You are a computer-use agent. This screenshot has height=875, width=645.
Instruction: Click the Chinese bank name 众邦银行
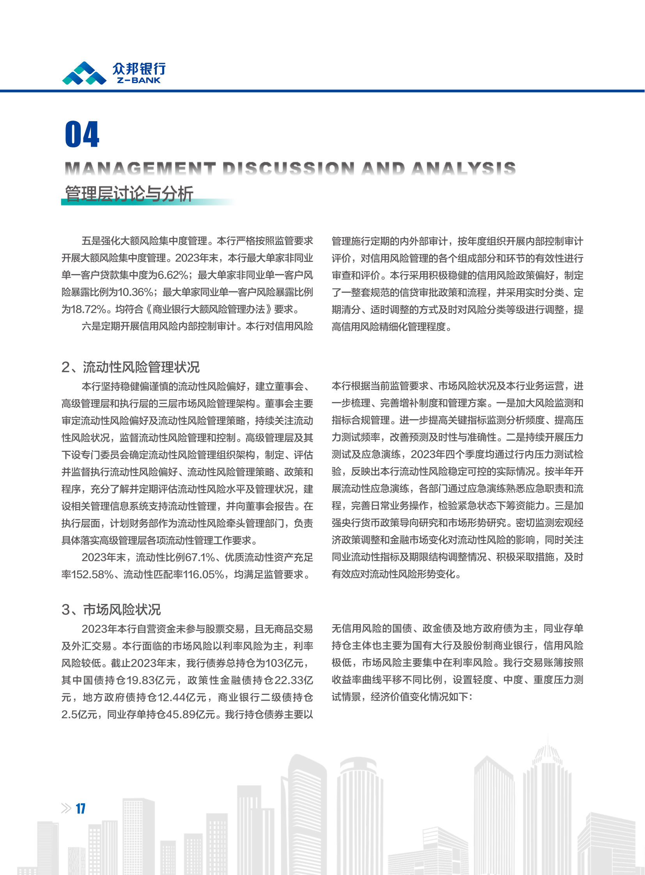(x=139, y=69)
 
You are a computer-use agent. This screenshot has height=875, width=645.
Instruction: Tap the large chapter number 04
(x=82, y=134)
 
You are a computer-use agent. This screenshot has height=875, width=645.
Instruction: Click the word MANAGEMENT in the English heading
(x=140, y=169)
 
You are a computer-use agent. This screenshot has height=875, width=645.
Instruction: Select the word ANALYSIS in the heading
(x=463, y=169)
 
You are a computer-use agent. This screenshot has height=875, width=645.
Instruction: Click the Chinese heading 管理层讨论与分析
(x=129, y=194)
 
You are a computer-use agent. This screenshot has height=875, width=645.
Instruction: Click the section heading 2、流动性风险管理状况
(x=130, y=367)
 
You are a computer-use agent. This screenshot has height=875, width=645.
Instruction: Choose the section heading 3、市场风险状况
(x=111, y=609)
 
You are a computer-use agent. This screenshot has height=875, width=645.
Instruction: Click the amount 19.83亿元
(x=151, y=680)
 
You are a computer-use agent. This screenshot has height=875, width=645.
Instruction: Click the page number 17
(x=80, y=808)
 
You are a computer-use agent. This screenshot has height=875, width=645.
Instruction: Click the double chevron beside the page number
(x=66, y=808)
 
